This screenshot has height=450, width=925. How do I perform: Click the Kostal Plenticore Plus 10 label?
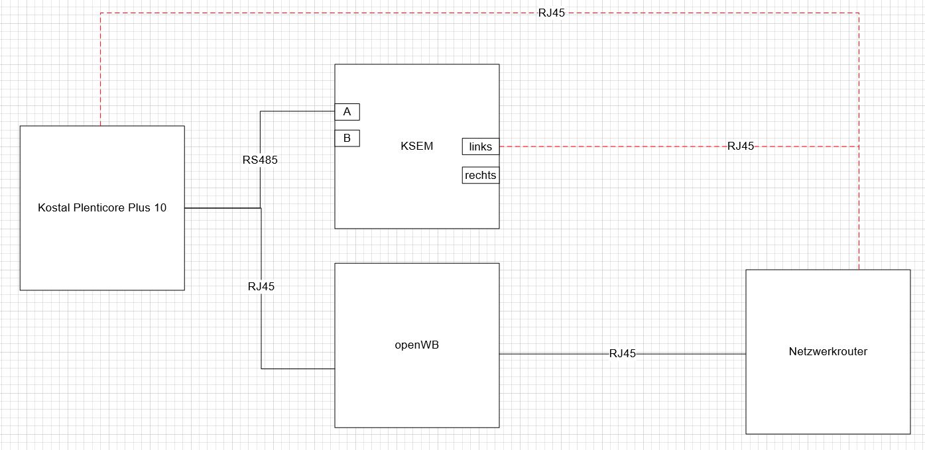point(102,207)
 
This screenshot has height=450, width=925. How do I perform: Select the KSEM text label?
point(416,146)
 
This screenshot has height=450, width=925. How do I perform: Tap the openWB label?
point(416,345)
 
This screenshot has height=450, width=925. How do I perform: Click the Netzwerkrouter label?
point(828,351)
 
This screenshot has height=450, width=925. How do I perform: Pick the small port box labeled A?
point(347,112)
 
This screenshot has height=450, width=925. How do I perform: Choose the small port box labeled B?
point(347,139)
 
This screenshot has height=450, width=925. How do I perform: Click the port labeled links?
point(480,146)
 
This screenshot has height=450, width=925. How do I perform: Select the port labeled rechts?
point(480,176)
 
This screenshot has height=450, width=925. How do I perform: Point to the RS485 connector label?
point(260,160)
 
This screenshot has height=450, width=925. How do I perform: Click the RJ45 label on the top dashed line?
point(552,13)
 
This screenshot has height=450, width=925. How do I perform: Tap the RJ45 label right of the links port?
point(741,146)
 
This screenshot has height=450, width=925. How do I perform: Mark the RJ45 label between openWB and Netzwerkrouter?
point(623,354)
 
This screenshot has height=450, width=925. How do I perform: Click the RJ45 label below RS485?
point(261,286)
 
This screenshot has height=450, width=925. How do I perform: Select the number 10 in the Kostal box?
point(160,207)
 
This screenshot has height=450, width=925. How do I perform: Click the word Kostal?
point(52,207)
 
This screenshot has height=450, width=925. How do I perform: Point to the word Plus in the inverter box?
point(139,207)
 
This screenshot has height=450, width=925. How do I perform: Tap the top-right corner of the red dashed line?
point(859,13)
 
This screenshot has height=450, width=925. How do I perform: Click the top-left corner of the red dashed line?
point(101,13)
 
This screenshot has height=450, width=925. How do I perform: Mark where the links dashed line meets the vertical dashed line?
point(859,146)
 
